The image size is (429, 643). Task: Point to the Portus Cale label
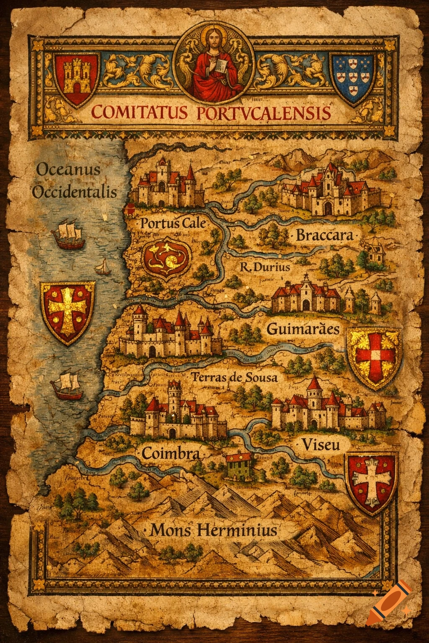pyautogui.click(x=173, y=223)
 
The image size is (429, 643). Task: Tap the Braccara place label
pyautogui.click(x=325, y=235)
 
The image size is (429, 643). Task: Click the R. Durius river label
pyautogui.click(x=265, y=267)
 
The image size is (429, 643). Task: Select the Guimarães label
pyautogui.click(x=303, y=329)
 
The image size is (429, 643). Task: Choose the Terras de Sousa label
pyautogui.click(x=234, y=378)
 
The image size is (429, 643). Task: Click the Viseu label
pyautogui.click(x=320, y=444)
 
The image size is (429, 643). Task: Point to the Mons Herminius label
pyautogui.click(x=214, y=531)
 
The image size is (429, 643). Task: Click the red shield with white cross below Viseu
pyautogui.click(x=370, y=482)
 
